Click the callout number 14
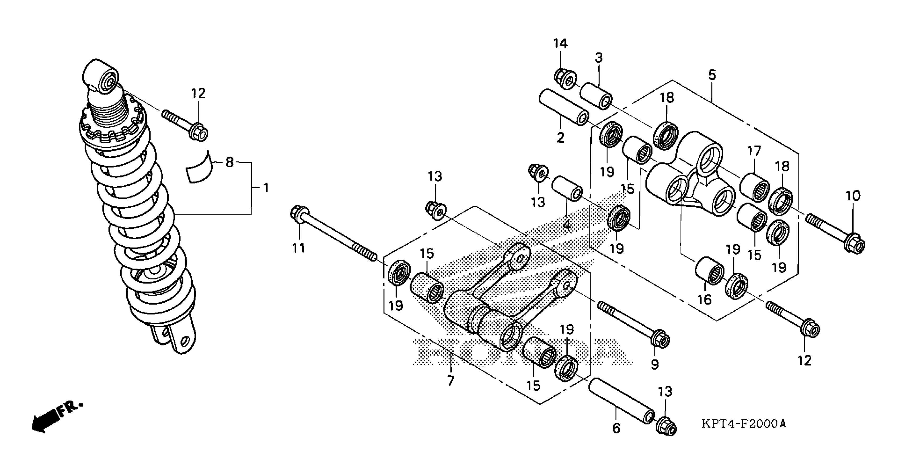pos(560,44)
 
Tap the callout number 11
pos(298,248)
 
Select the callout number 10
pos(853,196)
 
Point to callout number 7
pos(450,381)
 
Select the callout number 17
pos(754,151)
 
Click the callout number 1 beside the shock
pos(266,188)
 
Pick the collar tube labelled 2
pos(564,107)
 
